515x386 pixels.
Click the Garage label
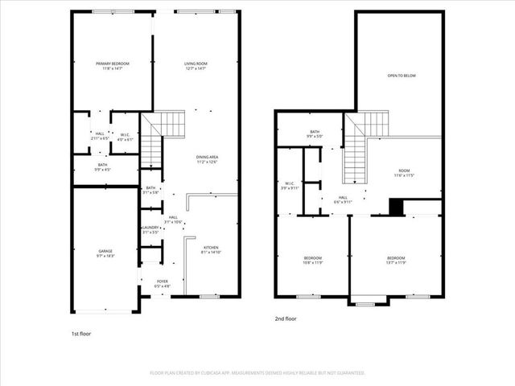tap(105, 253)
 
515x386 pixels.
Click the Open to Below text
tap(401, 76)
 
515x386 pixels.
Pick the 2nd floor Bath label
tap(315, 133)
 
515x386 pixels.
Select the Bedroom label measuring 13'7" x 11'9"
tap(397, 261)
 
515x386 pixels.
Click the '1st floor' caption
tap(80, 333)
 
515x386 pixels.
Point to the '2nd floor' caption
tap(286, 318)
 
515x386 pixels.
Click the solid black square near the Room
tap(395, 207)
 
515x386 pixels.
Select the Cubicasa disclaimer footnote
tap(257, 373)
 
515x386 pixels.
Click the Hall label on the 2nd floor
tap(343, 199)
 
